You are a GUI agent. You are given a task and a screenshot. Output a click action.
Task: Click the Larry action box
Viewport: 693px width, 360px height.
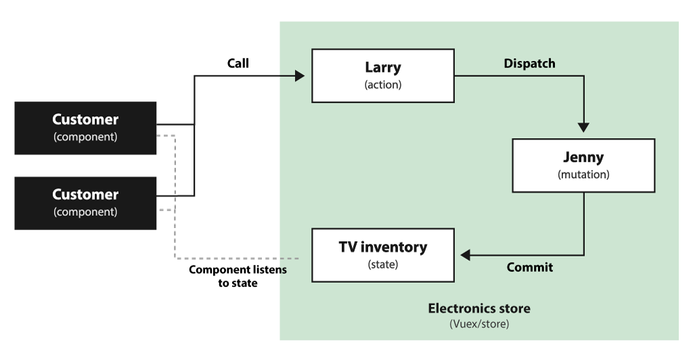[x=383, y=76]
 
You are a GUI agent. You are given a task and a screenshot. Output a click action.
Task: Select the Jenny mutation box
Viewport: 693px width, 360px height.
[x=583, y=165]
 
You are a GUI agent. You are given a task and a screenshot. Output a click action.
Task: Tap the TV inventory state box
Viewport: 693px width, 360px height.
[x=383, y=255]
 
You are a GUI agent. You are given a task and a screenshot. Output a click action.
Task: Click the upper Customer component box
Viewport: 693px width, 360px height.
[x=85, y=128]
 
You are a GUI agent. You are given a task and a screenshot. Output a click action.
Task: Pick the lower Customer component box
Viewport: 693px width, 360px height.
[x=85, y=203]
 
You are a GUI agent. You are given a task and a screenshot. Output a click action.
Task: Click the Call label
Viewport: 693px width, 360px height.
[x=238, y=63]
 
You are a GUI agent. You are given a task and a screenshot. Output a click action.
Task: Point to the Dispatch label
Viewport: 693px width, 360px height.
[x=529, y=64]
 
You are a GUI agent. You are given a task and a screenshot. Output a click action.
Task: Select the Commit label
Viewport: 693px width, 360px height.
[x=529, y=267]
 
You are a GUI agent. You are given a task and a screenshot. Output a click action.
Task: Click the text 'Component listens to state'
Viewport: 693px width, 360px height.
[x=238, y=276]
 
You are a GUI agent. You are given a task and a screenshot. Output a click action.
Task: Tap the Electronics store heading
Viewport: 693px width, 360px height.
[x=479, y=309]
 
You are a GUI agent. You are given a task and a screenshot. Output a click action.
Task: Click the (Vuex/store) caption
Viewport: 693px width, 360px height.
[x=479, y=323]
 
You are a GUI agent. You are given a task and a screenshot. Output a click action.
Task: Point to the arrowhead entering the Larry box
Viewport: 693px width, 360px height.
[x=300, y=76]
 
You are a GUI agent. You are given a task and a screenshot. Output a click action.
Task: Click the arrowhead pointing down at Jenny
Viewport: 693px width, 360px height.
[x=583, y=128]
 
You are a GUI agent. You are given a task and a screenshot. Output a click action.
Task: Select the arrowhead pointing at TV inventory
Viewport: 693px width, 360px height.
[x=466, y=255]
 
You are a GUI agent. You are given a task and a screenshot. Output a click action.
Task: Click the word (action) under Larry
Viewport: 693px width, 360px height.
[x=383, y=85]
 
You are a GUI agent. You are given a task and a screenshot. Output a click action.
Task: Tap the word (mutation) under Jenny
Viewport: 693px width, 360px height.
[x=583, y=175]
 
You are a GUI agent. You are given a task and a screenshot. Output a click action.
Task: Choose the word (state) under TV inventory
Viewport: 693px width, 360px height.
[x=383, y=264]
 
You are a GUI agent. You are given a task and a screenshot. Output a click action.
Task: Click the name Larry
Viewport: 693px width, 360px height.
[x=383, y=67]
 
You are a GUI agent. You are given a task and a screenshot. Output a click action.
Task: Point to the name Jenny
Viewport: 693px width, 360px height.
[x=583, y=157]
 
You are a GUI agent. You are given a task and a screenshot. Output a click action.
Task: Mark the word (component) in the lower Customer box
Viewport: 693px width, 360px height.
[x=85, y=212]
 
